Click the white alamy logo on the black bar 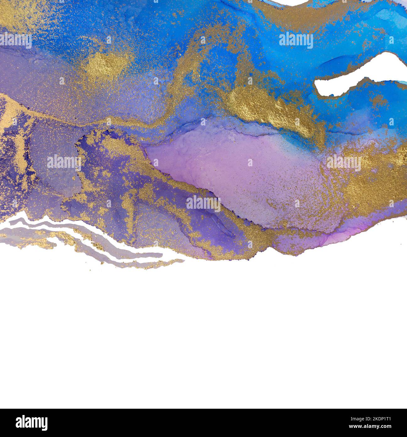click(32, 423)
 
